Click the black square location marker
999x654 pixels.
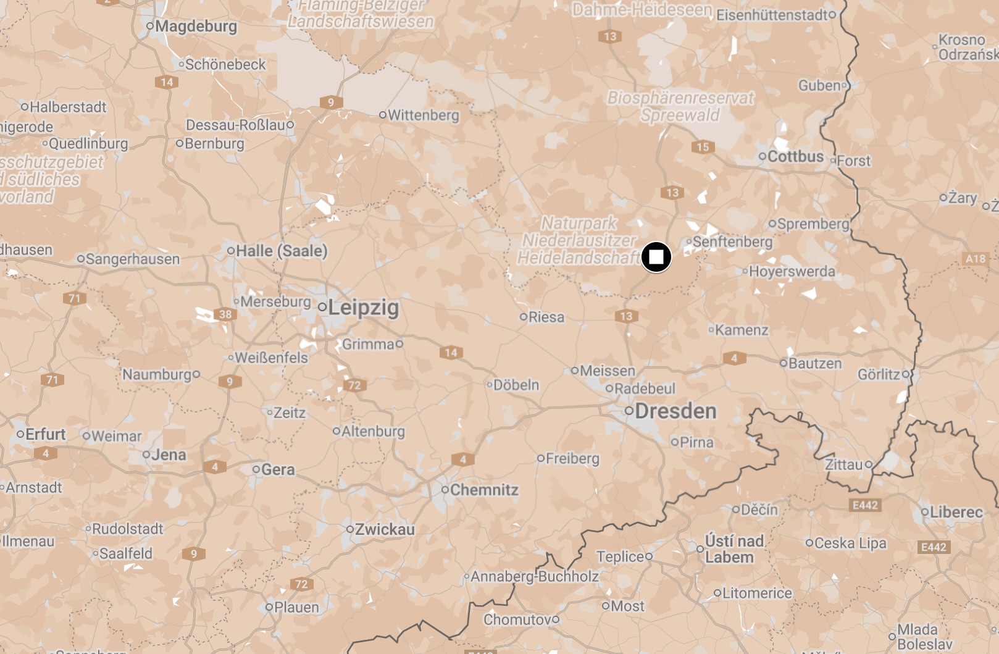656,257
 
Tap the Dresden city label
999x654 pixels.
675,411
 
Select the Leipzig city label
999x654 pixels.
363,308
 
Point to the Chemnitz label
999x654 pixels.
483,490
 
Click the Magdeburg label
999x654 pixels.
196,27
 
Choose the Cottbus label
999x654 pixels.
795,157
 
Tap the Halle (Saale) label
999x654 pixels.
282,251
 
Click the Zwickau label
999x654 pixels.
385,529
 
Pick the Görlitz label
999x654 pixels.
879,374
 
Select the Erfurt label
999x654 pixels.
45,434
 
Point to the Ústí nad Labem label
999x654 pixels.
734,549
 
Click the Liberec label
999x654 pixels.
956,512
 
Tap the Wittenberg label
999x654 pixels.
423,115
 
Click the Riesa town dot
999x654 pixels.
524,317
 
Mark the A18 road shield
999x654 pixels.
975,259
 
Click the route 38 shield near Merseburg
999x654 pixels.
225,314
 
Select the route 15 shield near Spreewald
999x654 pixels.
703,147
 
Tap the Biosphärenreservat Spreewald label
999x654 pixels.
680,106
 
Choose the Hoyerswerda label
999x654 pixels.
792,272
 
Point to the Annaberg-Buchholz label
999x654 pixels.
535,577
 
